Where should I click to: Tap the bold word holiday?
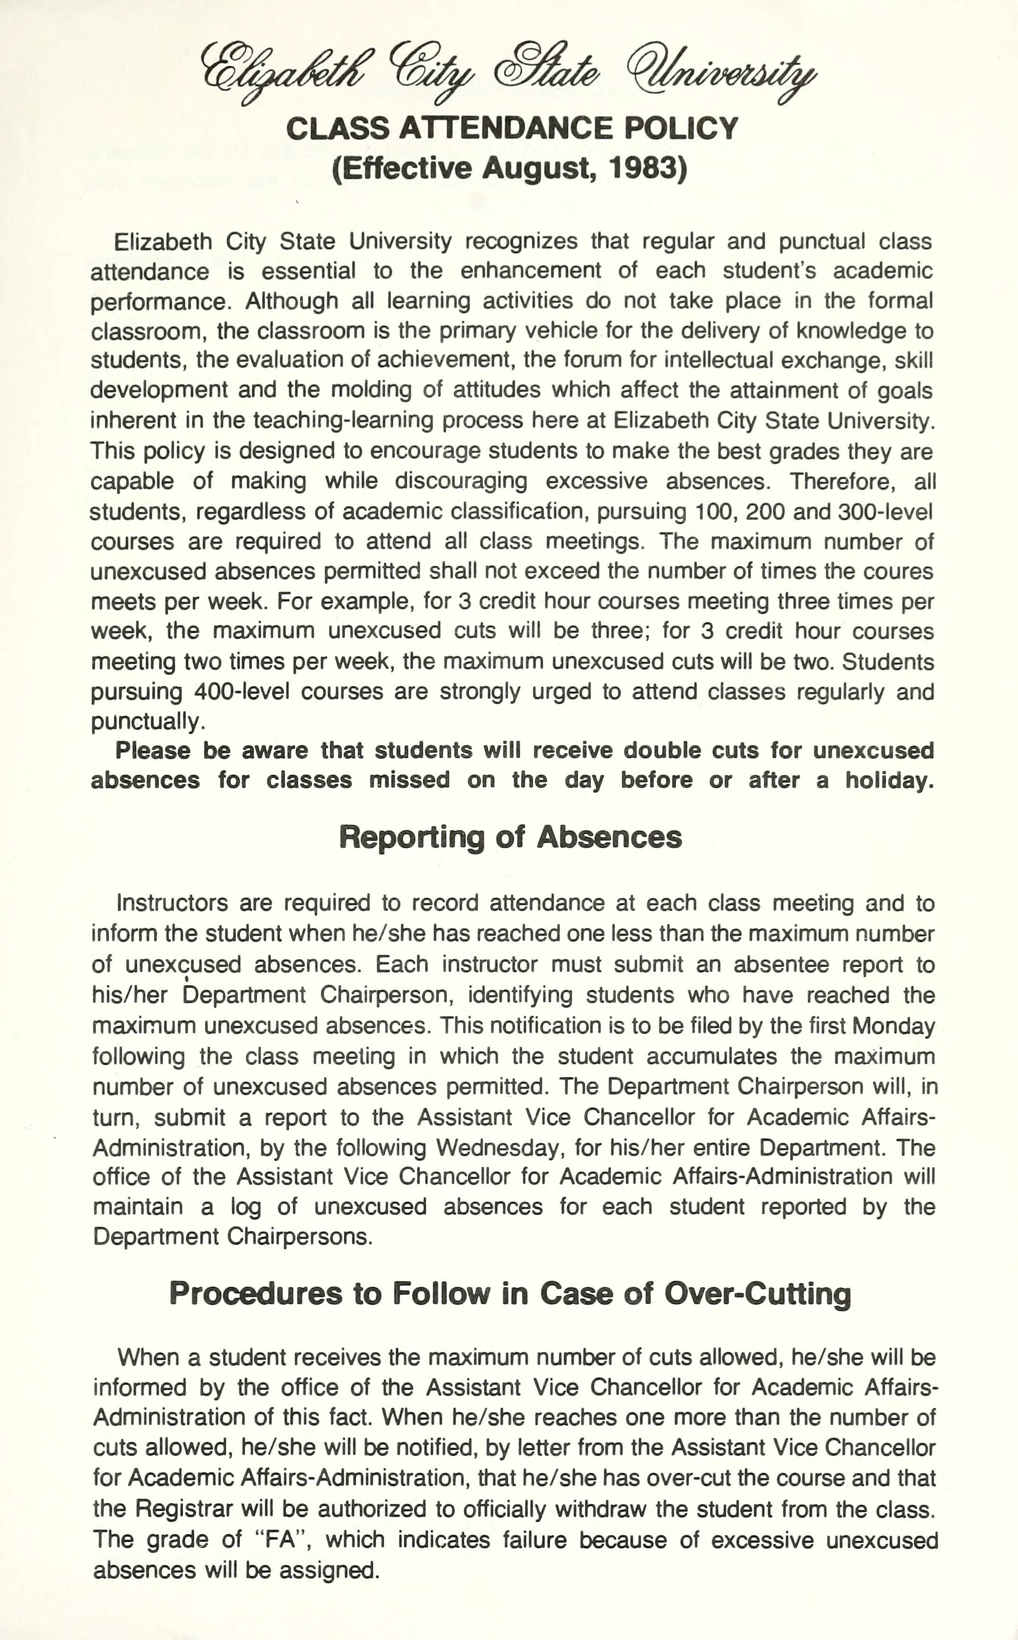889,781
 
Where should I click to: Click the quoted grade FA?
281,1540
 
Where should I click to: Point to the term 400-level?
241,692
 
